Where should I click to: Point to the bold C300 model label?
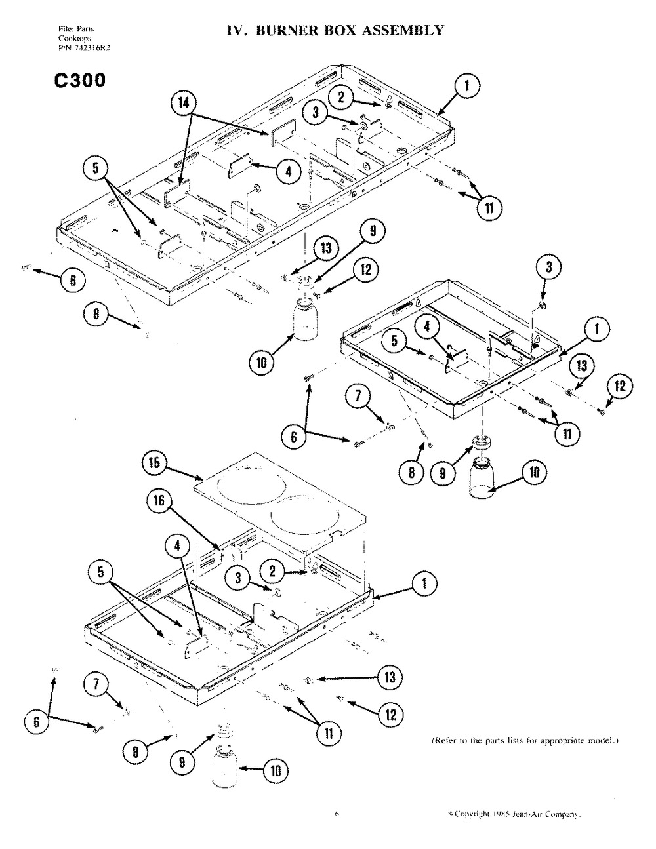pyautogui.click(x=76, y=80)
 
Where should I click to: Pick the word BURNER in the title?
pyautogui.click(x=284, y=30)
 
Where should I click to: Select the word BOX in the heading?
pyautogui.click(x=340, y=30)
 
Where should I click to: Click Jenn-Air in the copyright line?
pyautogui.click(x=529, y=815)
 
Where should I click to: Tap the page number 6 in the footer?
pyautogui.click(x=336, y=815)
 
